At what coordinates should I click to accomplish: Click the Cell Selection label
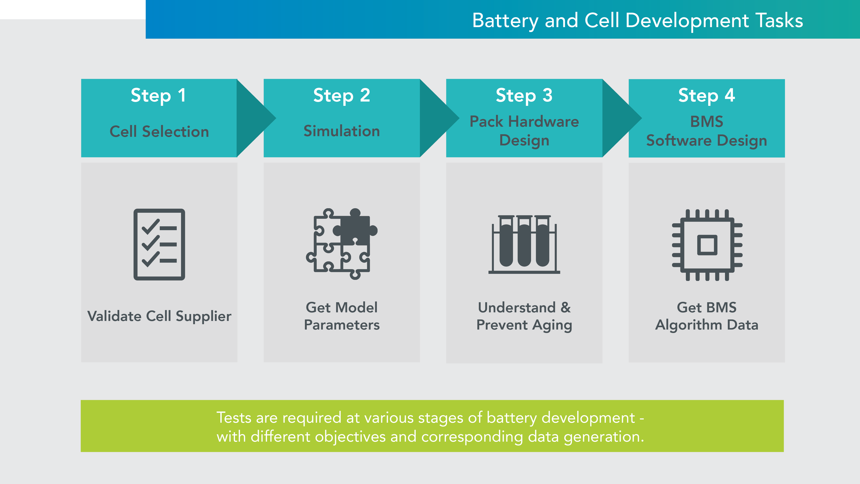pos(159,132)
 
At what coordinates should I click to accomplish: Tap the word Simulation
pos(342,131)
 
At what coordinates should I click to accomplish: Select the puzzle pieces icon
pos(342,244)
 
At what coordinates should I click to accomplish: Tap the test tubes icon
pos(524,244)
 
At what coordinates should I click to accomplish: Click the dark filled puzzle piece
pos(356,229)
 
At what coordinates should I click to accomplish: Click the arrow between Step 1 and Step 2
pos(255,118)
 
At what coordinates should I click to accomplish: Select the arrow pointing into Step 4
pos(621,118)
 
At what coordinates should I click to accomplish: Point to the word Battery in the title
pos(505,21)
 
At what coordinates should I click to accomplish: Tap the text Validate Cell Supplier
pos(159,316)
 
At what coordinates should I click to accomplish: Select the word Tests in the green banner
pos(234,418)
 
